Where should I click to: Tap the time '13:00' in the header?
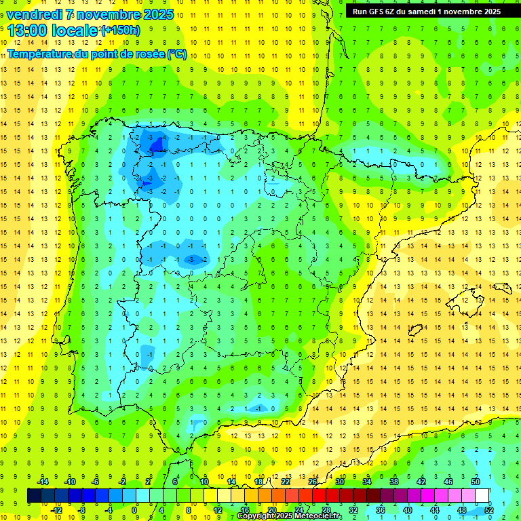pos(28,31)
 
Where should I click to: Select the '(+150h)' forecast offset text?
pos(121,30)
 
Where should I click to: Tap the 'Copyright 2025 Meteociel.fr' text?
pos(290,516)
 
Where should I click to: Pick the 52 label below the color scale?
pos(489,510)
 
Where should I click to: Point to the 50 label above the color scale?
pos(476,481)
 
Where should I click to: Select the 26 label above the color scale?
pos(313,481)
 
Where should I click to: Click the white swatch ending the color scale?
pos(482,496)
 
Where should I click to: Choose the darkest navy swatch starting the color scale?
pos(34,496)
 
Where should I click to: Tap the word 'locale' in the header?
pos(75,31)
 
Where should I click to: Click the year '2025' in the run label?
pos(489,11)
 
